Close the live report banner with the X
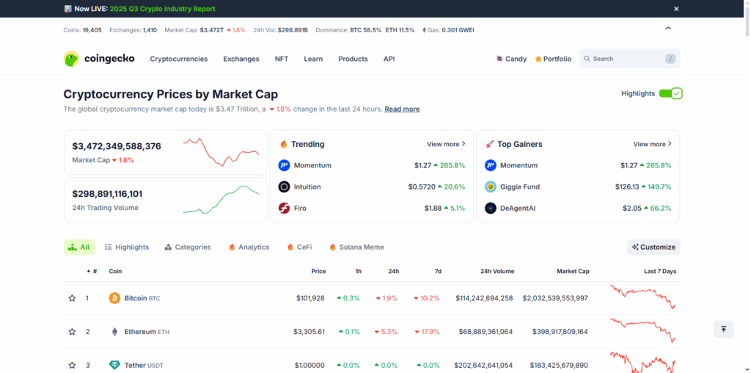[x=676, y=9]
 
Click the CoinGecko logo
[x=99, y=59]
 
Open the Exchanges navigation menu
[x=241, y=59]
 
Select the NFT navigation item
[x=282, y=59]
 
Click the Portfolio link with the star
[x=553, y=59]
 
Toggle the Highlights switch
[x=670, y=93]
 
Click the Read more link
[x=402, y=109]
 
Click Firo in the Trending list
[x=300, y=208]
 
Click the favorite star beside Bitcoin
[x=72, y=298]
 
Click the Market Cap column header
[x=573, y=271]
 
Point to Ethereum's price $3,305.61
[x=309, y=332]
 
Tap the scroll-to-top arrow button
[x=723, y=329]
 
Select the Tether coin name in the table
[x=134, y=365]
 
